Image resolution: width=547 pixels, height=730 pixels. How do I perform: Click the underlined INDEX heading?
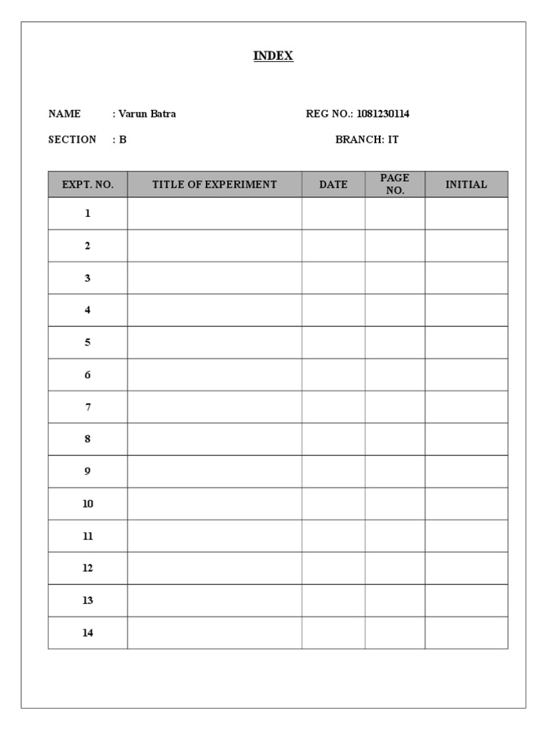pos(273,56)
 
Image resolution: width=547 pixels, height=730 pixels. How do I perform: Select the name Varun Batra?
pos(147,114)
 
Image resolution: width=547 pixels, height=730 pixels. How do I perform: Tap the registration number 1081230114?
pos(383,114)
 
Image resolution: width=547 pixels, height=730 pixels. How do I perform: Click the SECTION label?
pos(72,140)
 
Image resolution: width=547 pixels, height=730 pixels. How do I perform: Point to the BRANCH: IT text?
pos(367,140)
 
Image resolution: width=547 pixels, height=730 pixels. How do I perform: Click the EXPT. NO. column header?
pos(88,185)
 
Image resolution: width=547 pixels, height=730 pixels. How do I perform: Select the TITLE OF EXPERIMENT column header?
pos(214,185)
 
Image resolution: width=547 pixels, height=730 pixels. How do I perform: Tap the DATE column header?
pos(333,185)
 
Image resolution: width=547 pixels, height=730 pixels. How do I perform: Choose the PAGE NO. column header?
pos(395,185)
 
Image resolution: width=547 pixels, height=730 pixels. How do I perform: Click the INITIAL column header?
pos(466,185)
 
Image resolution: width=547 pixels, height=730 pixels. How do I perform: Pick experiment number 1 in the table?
pos(88,213)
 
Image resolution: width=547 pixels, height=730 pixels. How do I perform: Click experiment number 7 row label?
pos(88,407)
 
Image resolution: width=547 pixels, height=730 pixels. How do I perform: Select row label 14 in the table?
pos(88,633)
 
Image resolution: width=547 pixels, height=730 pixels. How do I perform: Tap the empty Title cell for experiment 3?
pos(214,278)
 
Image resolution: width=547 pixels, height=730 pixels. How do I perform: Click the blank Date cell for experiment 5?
pos(333,342)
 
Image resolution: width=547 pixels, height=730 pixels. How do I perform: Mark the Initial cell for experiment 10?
pos(466,504)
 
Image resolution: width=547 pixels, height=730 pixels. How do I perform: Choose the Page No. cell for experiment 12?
pos(395,568)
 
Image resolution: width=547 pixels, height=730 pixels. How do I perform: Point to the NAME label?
pos(64,114)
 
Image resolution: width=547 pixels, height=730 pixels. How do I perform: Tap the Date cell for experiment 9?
pos(333,471)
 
